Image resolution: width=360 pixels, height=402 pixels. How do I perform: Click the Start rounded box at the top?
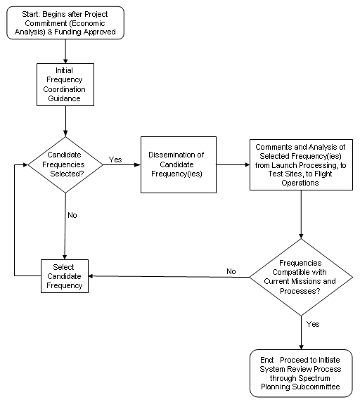65,22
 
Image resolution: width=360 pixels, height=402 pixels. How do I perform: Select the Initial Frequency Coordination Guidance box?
65,84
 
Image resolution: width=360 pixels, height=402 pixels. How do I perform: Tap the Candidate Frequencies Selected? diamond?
65,164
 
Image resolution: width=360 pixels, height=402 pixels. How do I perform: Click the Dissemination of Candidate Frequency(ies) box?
179,164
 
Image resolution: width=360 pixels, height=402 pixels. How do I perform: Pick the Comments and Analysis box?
301,164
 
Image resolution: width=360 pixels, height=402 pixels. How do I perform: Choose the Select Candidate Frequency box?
65,276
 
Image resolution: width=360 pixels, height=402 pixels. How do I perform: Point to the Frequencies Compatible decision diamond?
301,277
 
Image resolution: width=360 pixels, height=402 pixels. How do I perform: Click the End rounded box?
301,373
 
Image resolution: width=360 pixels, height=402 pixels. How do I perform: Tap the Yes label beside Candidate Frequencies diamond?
115,160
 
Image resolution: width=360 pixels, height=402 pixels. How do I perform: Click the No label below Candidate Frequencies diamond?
72,215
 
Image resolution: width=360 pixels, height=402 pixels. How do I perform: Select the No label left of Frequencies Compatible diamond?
231,271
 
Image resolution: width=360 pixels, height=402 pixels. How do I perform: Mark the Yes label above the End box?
313,324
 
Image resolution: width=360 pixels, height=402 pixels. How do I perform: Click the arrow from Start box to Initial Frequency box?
65,51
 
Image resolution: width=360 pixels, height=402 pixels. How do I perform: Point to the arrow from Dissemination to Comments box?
233,164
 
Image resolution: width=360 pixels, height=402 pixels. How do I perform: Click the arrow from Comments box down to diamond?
301,214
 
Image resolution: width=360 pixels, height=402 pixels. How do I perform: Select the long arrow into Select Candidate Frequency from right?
169,277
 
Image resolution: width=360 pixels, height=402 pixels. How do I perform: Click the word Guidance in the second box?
65,98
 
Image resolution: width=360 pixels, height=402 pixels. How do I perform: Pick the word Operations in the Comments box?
300,183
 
